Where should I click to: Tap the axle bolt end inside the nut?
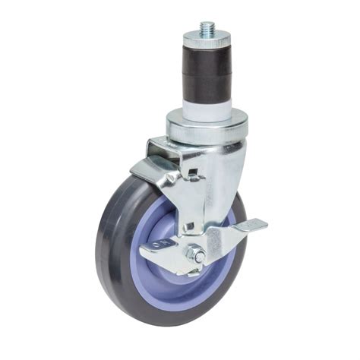pos(194,254)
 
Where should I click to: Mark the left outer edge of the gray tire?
pos(99,243)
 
